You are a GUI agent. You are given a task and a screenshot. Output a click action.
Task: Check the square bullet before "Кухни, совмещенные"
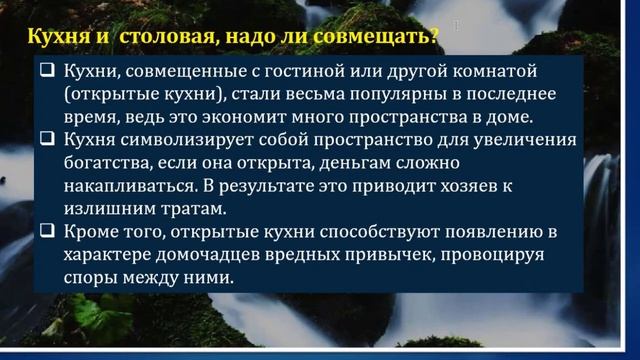47,73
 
